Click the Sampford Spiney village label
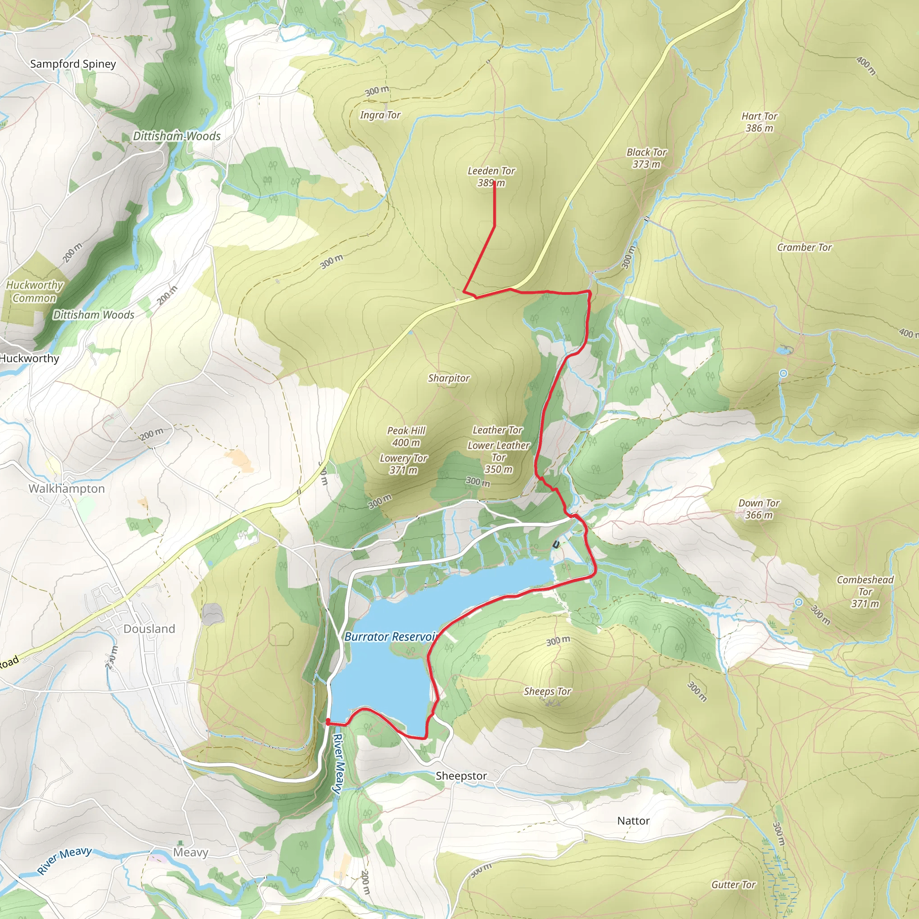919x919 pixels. [x=73, y=64]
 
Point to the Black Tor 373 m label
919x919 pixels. [x=646, y=158]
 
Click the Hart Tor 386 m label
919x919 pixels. [x=759, y=122]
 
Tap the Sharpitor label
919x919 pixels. [x=448, y=378]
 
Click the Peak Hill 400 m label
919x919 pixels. [x=406, y=436]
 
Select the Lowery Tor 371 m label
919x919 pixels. [x=403, y=464]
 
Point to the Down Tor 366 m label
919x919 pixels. [x=758, y=508]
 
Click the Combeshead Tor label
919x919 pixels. [x=865, y=591]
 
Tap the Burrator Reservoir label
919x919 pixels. [x=390, y=636]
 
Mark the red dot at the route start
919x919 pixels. [x=328, y=722]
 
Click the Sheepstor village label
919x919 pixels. [x=461, y=776]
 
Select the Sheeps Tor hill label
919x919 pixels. [x=547, y=691]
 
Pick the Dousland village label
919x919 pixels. [x=149, y=629]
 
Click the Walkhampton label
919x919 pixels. [x=66, y=489]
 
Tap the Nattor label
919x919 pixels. [x=633, y=821]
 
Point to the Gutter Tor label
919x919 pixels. [x=733, y=885]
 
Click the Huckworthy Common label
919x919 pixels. [x=34, y=291]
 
